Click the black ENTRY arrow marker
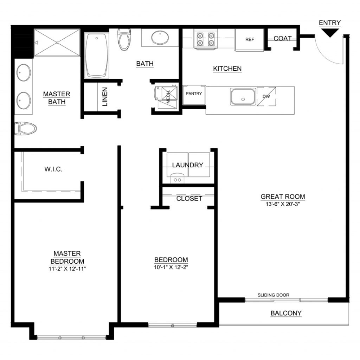[x=330, y=32]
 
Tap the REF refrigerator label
[x=250, y=39]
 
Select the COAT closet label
[x=282, y=38]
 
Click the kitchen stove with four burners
[x=205, y=39]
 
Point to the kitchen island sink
[x=243, y=97]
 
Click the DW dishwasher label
[x=266, y=96]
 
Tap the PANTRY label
[x=194, y=94]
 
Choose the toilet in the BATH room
[x=124, y=39]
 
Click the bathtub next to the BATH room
[x=96, y=55]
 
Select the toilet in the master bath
[x=25, y=129]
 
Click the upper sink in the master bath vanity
[x=24, y=72]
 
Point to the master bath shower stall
[x=57, y=43]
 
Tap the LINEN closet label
[x=105, y=97]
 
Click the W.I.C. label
[x=53, y=169]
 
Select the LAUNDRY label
[x=188, y=165]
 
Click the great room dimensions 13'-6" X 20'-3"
[x=283, y=204]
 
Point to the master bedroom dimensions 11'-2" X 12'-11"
[x=67, y=269]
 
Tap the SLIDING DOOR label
[x=273, y=295]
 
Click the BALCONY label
[x=286, y=313]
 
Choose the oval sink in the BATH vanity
[x=160, y=37]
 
